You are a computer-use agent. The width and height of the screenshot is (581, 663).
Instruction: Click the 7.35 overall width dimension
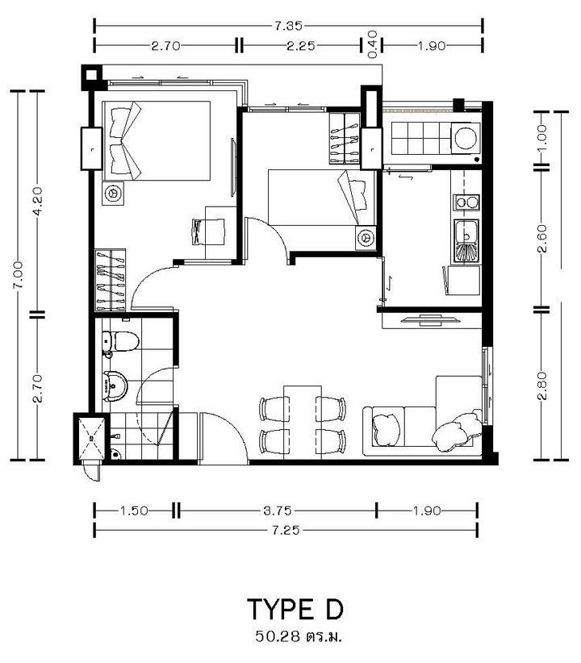(288, 27)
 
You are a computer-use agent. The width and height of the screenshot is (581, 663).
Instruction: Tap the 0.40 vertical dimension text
(372, 44)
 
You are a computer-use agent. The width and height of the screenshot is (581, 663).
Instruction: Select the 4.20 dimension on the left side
(37, 202)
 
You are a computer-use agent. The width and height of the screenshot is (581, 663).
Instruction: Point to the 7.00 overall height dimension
(18, 275)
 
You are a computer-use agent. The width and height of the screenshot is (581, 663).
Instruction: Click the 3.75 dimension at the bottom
(278, 511)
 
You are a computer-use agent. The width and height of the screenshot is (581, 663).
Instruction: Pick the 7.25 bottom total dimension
(286, 530)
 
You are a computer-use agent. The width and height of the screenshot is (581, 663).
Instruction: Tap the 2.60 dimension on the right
(542, 239)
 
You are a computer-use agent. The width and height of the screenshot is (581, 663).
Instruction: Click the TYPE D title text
(295, 609)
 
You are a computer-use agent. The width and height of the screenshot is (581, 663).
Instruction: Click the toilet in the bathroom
(120, 341)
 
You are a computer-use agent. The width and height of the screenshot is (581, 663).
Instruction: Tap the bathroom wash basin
(115, 386)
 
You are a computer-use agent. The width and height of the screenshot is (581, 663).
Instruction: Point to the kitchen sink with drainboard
(466, 241)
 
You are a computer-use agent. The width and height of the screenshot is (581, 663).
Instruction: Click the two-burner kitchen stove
(466, 202)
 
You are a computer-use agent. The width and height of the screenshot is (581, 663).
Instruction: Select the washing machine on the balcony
(466, 138)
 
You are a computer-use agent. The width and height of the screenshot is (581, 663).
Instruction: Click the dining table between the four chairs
(303, 423)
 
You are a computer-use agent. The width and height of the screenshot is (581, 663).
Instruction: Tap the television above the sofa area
(429, 320)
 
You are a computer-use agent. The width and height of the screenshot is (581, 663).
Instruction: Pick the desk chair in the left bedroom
(209, 231)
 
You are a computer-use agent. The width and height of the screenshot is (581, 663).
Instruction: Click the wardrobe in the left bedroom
(110, 281)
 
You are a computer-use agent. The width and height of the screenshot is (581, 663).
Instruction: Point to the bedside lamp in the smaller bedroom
(366, 238)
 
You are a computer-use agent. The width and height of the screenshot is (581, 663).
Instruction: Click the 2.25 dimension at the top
(301, 46)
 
